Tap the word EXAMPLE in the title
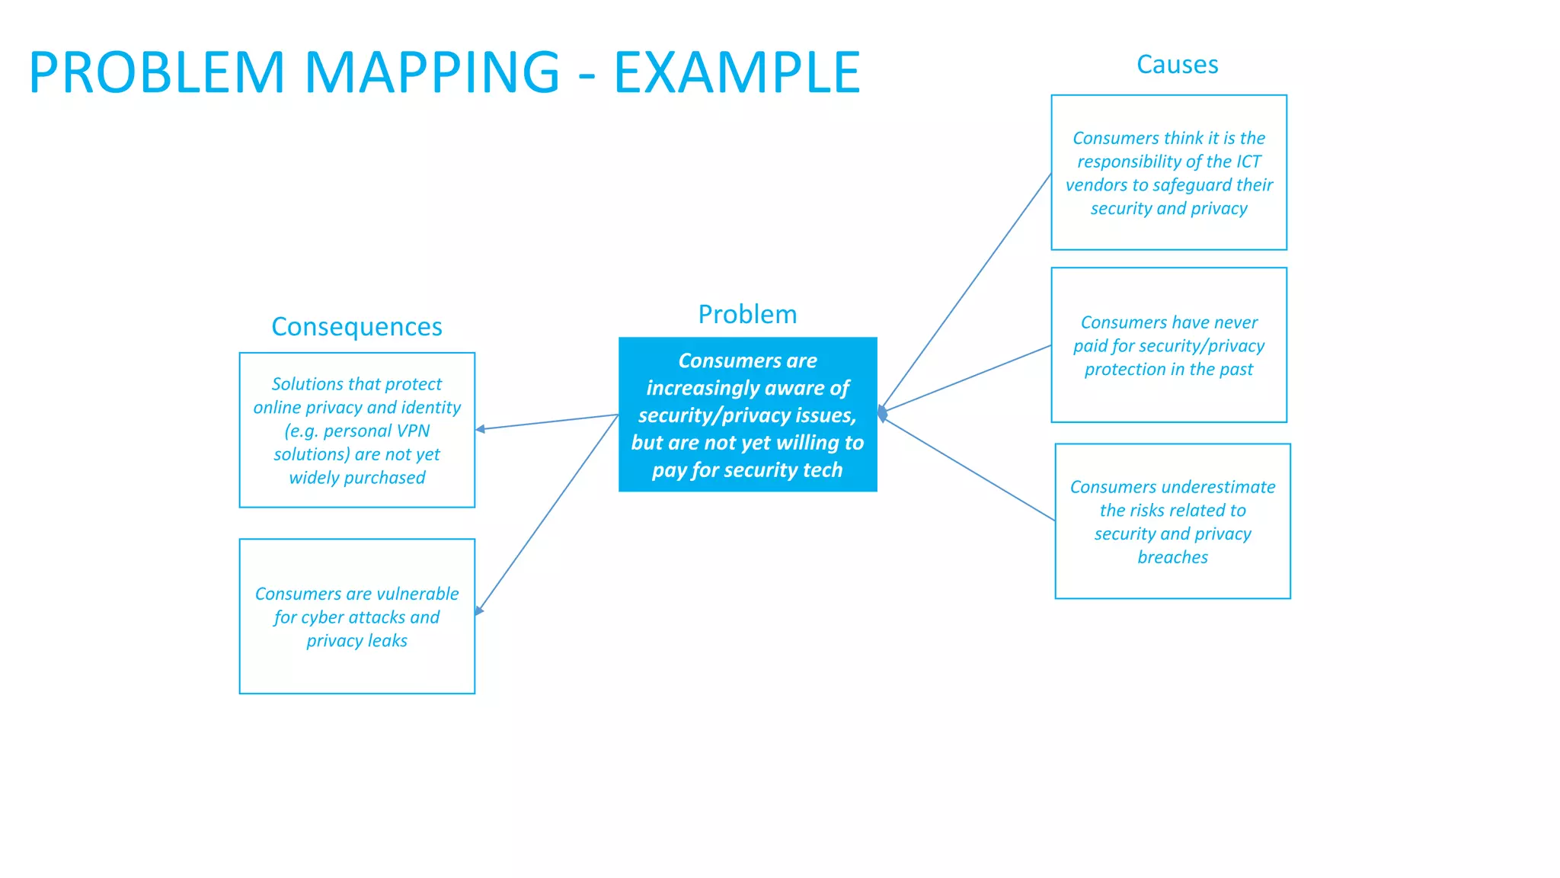[x=737, y=72]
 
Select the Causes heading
[x=1177, y=65]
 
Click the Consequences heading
[x=356, y=326]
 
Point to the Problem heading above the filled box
[x=747, y=314]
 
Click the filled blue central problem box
[x=747, y=415]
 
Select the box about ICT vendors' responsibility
[x=1168, y=172]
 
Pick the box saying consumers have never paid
[x=1168, y=344]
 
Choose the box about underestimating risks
[x=1172, y=521]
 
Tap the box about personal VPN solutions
[x=356, y=430]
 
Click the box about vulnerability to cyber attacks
[x=356, y=616]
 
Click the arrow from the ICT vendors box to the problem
[x=966, y=293]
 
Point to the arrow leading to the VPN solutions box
[x=547, y=422]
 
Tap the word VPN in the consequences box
[x=411, y=431]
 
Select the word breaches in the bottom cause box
[x=1172, y=557]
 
